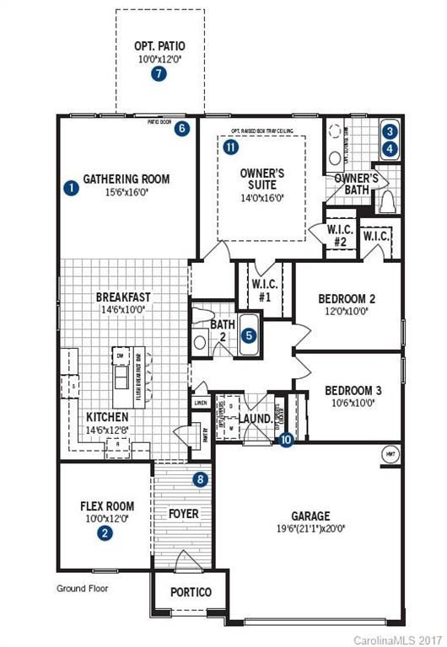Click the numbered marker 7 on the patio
click(x=159, y=74)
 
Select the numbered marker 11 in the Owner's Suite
click(x=232, y=147)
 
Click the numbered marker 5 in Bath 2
click(x=249, y=334)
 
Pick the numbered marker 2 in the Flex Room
click(x=104, y=532)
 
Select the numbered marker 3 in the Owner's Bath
click(x=389, y=131)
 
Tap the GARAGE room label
click(x=312, y=516)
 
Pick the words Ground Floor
click(x=83, y=588)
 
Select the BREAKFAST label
click(x=123, y=297)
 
